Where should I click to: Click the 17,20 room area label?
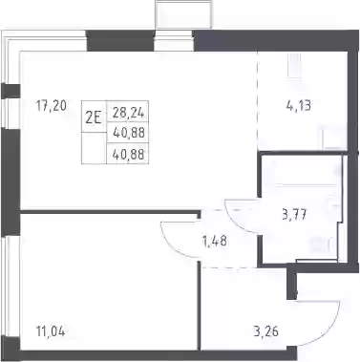[52, 106]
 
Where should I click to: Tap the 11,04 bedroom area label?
[51, 331]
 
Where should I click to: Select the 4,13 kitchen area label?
[298, 105]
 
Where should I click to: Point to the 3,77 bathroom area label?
[294, 215]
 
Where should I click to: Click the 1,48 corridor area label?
[215, 242]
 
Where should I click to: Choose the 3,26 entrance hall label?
[266, 331]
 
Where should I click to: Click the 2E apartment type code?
[94, 118]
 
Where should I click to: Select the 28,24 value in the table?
[128, 113]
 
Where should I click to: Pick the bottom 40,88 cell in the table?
[128, 155]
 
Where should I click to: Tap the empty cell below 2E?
[94, 148]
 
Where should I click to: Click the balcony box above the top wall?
[183, 14]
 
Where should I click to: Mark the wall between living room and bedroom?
[111, 212]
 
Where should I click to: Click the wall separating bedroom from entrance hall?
[200, 306]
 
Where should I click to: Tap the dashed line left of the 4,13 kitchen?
[257, 101]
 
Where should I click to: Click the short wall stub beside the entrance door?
[291, 284]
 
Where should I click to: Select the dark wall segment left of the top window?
[120, 40]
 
